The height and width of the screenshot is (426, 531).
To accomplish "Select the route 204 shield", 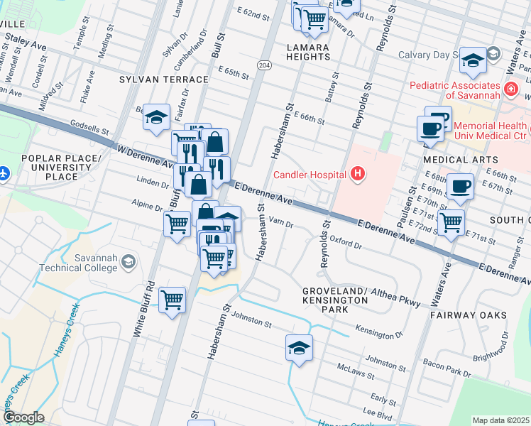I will point(264,65).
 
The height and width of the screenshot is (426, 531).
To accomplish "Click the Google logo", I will point(23,417).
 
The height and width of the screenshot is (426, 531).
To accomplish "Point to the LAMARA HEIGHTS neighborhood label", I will point(308,53).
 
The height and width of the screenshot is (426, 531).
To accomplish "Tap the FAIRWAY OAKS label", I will point(469,315).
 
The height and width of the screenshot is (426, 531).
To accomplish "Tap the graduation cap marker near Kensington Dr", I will point(299,348).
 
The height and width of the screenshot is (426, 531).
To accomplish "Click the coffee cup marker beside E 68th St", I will point(460,186).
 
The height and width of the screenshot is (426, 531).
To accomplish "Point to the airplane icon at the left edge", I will point(4,173).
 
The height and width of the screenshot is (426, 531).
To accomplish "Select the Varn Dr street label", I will point(280,223).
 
